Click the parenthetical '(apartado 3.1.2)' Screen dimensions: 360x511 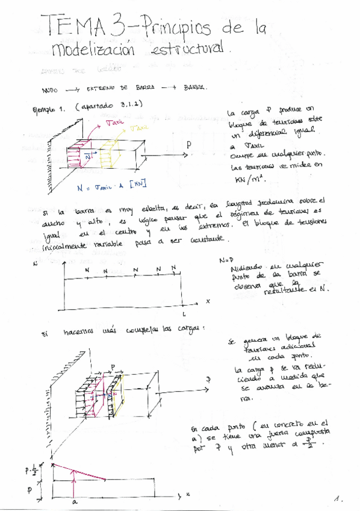click(x=110, y=105)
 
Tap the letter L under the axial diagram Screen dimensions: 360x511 click(x=184, y=315)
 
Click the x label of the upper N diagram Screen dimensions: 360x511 click(x=207, y=300)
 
